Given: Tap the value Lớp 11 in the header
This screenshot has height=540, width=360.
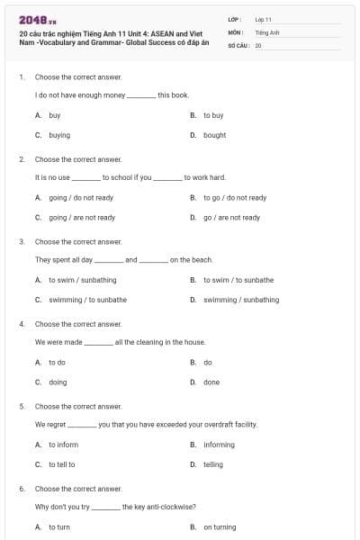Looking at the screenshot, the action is point(263,19).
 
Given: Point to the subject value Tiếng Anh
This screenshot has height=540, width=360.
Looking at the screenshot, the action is point(266,31).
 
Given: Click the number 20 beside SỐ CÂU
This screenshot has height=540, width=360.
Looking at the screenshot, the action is point(258,45).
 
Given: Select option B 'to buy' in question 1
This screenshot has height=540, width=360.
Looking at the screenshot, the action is point(213,115).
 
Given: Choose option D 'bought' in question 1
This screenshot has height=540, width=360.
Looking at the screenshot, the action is point(214,135).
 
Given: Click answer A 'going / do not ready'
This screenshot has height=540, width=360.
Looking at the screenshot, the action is point(81,197).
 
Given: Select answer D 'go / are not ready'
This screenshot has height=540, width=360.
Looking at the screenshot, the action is point(231,217).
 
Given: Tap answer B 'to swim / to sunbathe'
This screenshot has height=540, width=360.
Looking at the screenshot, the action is point(238,280).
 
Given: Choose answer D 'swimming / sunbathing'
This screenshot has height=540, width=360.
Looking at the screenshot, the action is point(241,300).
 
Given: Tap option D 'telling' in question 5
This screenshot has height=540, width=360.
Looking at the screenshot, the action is point(213,464).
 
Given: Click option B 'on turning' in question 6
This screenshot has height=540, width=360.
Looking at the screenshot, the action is point(220,526).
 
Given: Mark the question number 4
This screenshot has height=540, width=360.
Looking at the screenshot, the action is point(22,324).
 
